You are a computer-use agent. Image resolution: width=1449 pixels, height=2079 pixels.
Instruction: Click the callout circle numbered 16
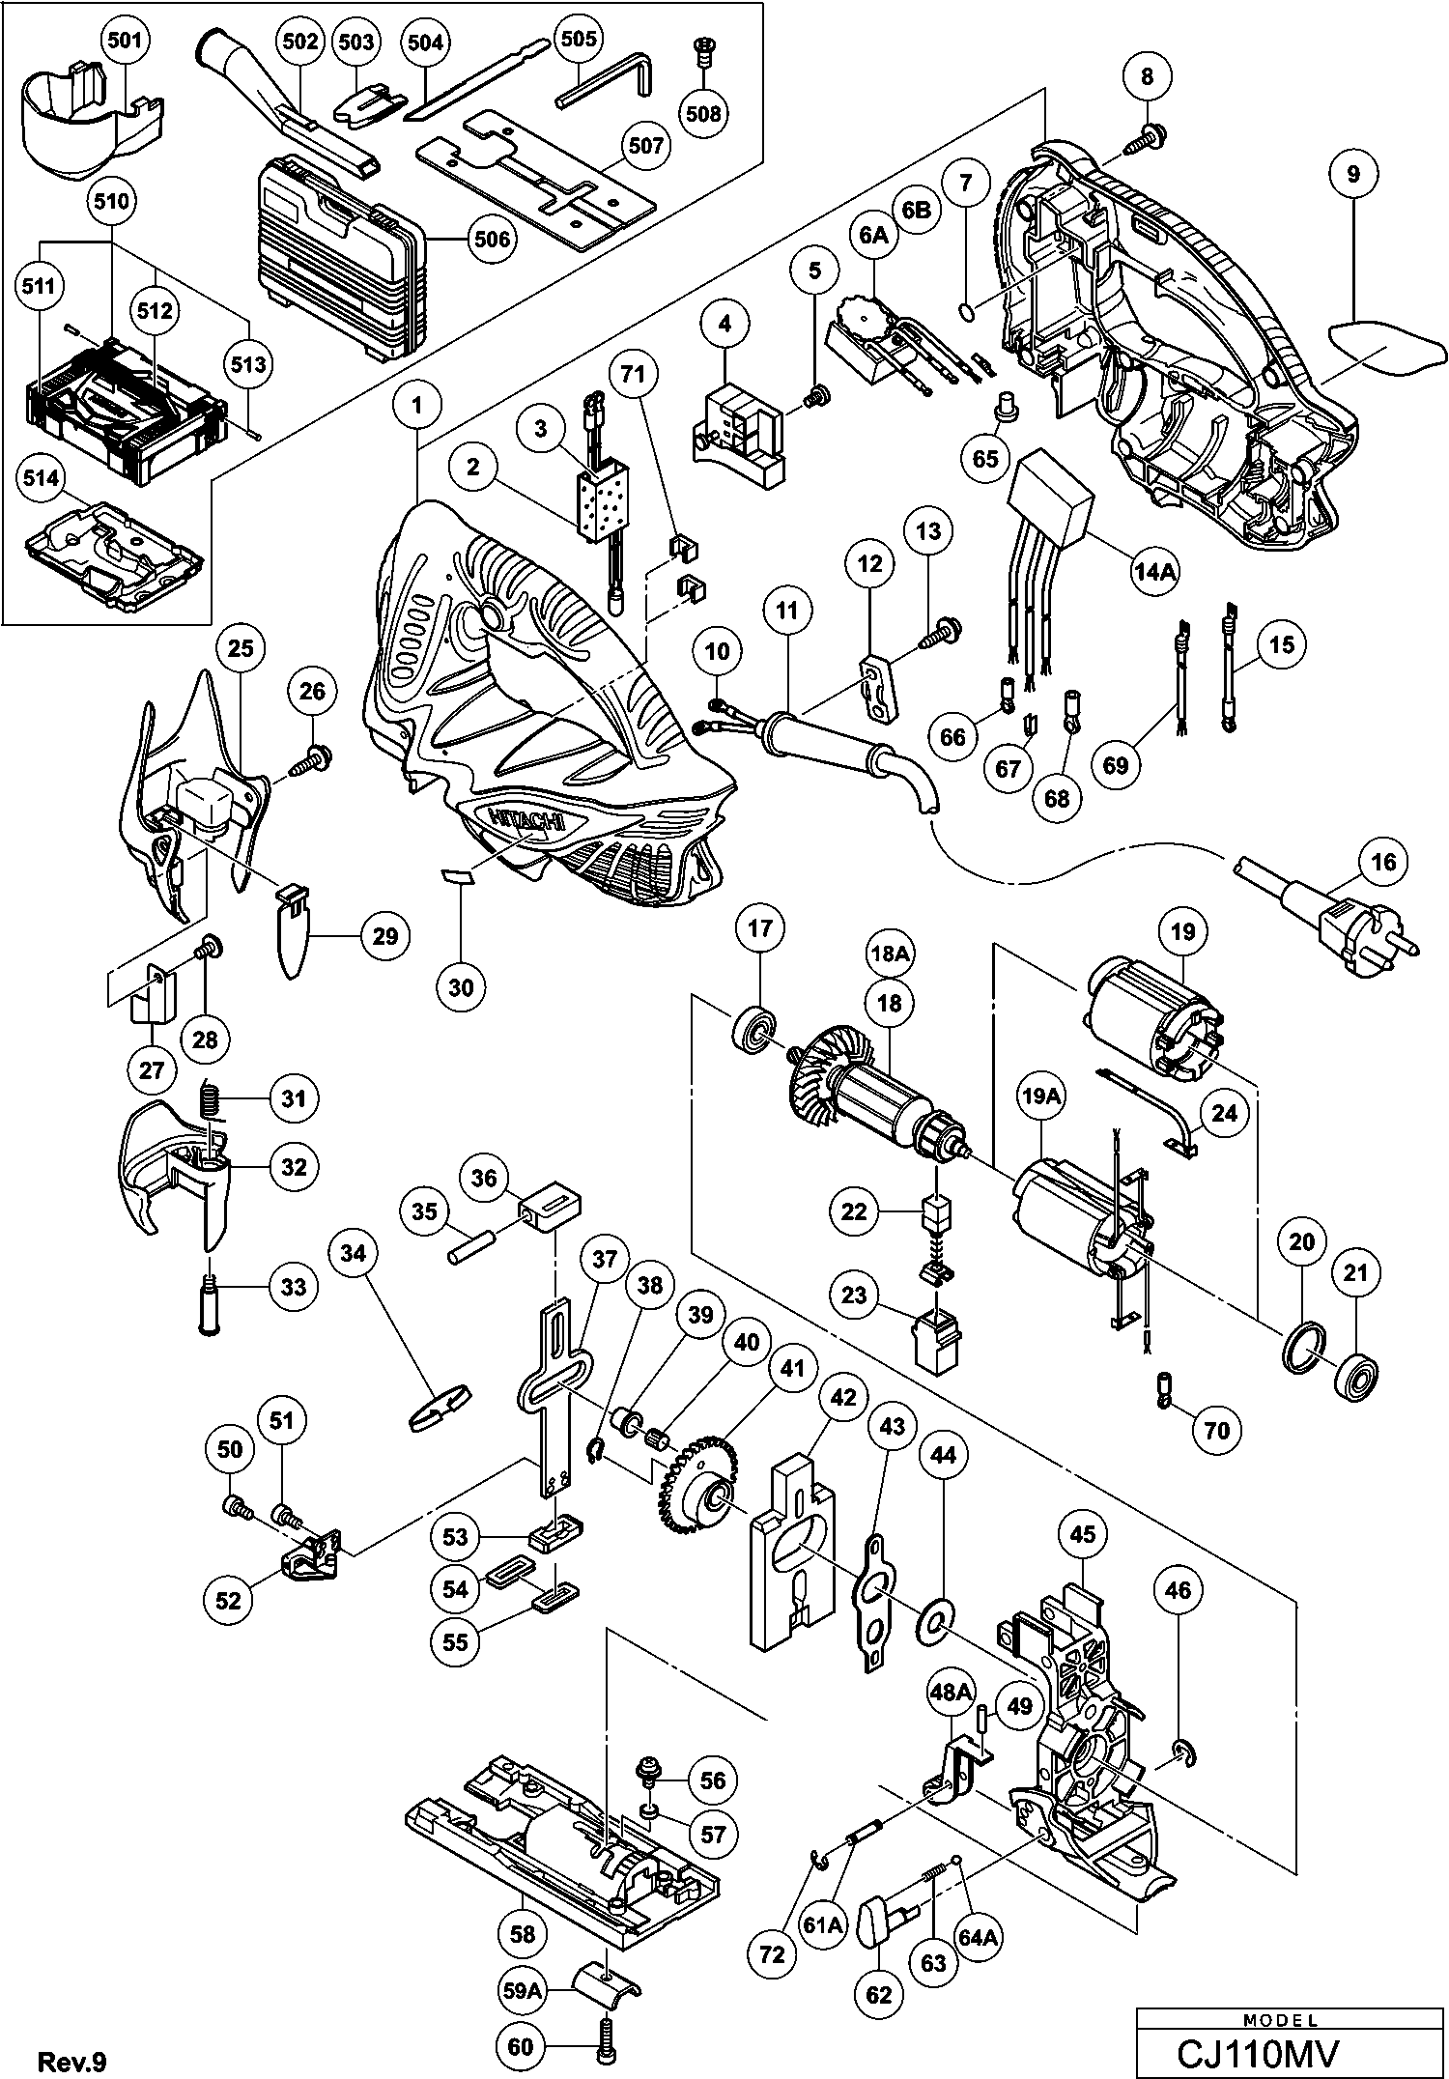pos(1383,861)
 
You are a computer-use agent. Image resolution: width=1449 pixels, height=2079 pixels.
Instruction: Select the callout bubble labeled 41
pos(792,1369)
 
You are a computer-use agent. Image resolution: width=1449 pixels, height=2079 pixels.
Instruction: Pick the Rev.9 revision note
pos(71,2061)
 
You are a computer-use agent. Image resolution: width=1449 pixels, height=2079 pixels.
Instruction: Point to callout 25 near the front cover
pos(241,647)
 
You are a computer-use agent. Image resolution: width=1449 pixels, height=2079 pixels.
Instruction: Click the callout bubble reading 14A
pos(1155,572)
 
